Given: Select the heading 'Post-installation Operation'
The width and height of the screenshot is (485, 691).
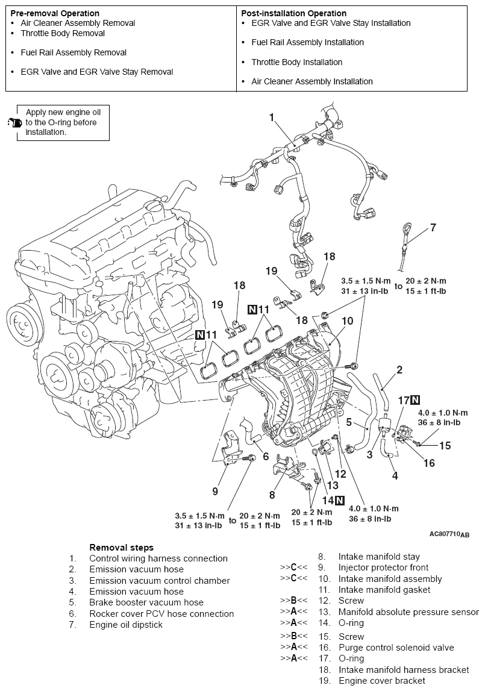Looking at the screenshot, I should click(293, 13).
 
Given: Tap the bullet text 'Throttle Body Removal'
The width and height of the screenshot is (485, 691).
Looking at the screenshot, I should click(63, 33).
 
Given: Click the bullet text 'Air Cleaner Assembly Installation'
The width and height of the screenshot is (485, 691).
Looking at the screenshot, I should click(311, 81).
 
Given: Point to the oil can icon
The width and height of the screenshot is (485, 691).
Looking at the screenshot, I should click(14, 123).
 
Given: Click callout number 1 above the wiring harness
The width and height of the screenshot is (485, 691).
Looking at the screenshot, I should click(272, 117).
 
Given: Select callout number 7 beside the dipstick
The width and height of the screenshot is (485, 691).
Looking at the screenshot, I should click(433, 228).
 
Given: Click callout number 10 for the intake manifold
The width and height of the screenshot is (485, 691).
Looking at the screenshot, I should click(348, 321).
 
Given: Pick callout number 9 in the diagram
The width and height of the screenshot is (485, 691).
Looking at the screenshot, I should click(215, 491).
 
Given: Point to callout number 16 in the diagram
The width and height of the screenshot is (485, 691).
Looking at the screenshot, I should click(430, 463).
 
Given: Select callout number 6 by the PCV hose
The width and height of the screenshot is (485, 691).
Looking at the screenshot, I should click(266, 456).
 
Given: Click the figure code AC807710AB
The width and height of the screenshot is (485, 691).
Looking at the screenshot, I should click(449, 534).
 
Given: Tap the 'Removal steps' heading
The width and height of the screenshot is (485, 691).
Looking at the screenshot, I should click(121, 548).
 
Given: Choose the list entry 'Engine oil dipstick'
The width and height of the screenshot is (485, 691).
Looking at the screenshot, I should click(125, 625).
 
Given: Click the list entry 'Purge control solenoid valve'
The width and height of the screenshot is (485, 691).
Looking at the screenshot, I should click(396, 648).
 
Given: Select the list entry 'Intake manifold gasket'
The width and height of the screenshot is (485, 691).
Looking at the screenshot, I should click(384, 590).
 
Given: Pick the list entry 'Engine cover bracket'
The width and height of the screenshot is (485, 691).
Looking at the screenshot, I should click(381, 681).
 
